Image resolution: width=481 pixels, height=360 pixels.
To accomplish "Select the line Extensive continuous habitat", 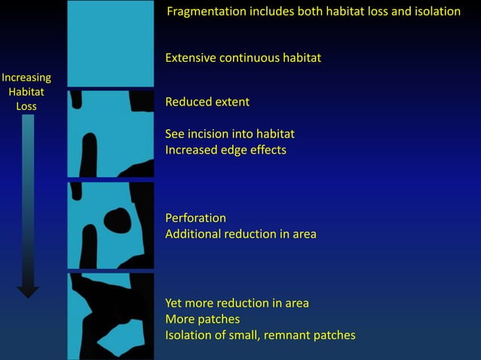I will [243, 58].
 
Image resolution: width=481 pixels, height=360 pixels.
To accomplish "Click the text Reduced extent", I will [207, 102].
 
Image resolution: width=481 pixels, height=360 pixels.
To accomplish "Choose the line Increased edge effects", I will [225, 150].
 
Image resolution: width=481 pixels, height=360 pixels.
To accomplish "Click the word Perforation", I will [195, 218].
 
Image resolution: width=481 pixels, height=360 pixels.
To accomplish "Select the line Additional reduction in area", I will [240, 234].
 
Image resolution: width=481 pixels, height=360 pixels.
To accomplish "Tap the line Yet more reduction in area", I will [237, 304].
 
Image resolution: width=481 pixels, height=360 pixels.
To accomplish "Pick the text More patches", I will [202, 319].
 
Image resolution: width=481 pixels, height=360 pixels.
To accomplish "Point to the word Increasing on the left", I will [27, 78].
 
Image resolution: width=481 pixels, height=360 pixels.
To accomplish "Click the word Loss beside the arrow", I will [26, 106].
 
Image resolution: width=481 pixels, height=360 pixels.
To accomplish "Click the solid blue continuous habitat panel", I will [110, 43].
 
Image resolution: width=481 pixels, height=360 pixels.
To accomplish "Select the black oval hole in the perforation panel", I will [117, 221].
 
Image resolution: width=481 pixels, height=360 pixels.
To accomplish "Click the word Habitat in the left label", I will [26, 92].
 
